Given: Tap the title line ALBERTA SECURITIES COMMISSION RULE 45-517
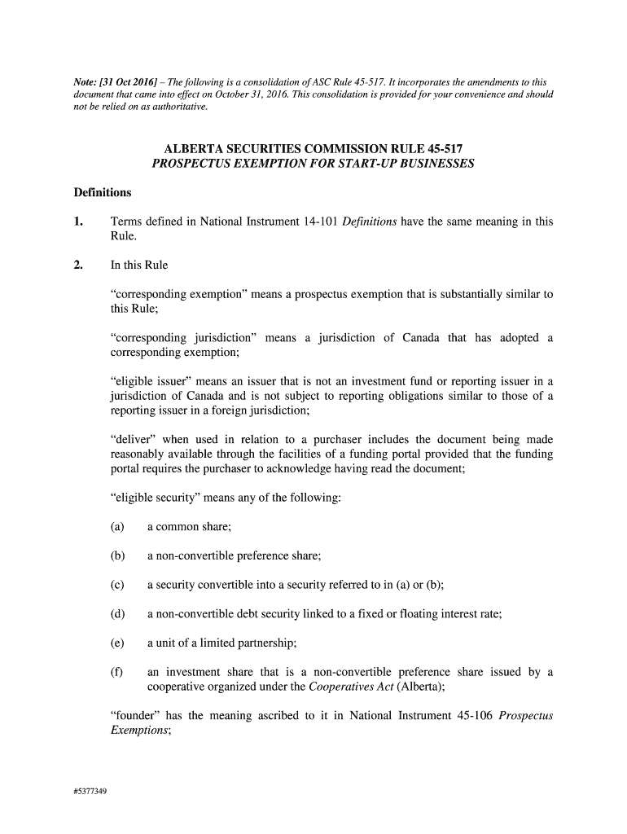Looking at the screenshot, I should (313, 150).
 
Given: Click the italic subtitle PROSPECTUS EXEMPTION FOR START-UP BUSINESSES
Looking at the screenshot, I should (313, 164).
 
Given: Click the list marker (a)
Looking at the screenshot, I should (117, 527).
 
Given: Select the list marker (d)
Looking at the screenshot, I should (117, 614).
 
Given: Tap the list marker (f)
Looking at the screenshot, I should (116, 672).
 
